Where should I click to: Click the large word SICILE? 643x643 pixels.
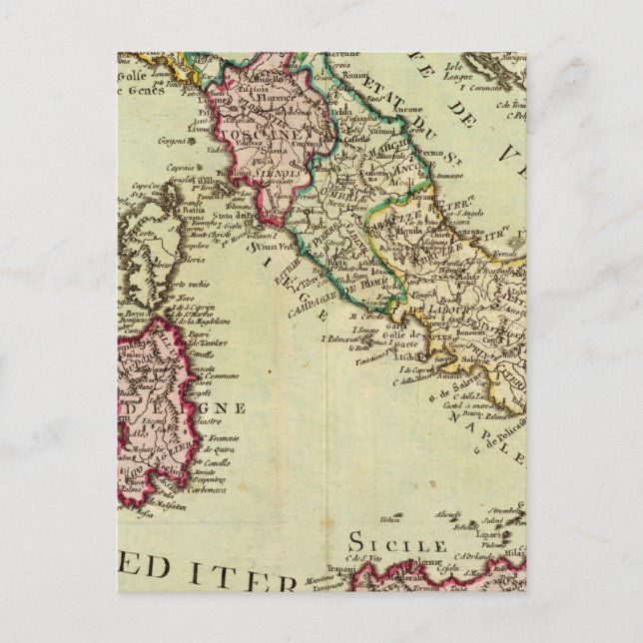pyautogui.click(x=395, y=544)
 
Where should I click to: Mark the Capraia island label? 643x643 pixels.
pyautogui.click(x=178, y=169)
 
